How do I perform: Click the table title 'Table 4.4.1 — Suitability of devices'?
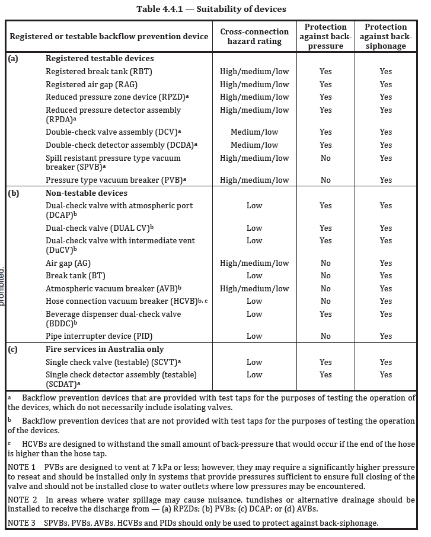[x=211, y=9]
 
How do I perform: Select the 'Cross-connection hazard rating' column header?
[x=254, y=36]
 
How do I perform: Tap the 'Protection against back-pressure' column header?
[x=325, y=36]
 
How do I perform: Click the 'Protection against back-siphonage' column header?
[x=386, y=36]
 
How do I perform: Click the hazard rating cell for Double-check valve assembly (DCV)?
[x=254, y=132]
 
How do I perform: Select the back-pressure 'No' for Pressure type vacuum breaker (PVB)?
[x=325, y=180]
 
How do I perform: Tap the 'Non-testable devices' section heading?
[x=87, y=193]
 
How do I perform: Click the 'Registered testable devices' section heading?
[x=100, y=58]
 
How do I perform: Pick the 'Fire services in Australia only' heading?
[x=105, y=349]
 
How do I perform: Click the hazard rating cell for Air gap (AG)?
[x=254, y=263]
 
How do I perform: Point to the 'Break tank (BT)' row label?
[x=72, y=275]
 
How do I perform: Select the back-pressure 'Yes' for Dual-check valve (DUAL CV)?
[x=325, y=228]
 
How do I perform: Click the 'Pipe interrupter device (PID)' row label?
[x=98, y=336]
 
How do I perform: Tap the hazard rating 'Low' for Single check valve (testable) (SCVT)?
[x=254, y=362]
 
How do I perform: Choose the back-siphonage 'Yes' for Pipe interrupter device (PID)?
[x=386, y=336]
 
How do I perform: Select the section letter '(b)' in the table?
[x=13, y=193]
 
